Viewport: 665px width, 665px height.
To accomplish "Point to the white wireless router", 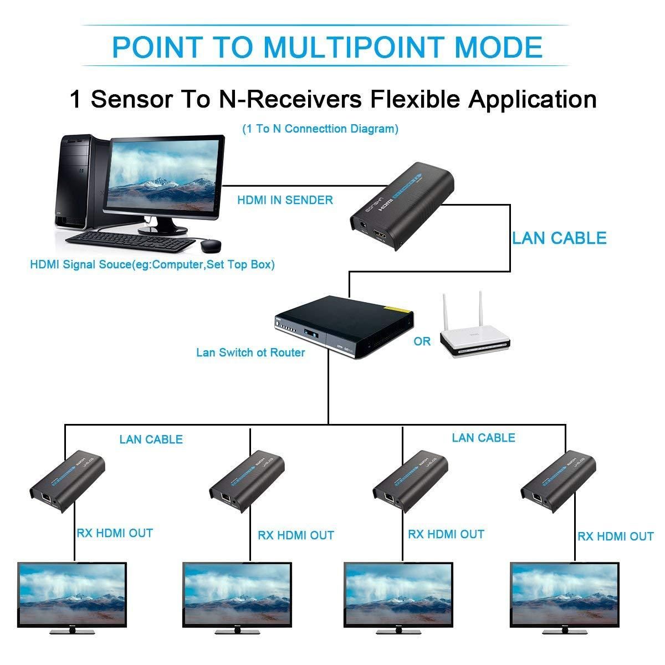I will pyautogui.click(x=473, y=336).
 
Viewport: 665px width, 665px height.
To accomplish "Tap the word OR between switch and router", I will pyautogui.click(x=422, y=341).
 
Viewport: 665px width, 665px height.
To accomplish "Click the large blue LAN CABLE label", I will pyautogui.click(x=559, y=238).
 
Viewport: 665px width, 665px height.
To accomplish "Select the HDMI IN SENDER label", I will pyautogui.click(x=285, y=200).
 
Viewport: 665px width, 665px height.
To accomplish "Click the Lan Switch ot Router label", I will pyautogui.click(x=250, y=352).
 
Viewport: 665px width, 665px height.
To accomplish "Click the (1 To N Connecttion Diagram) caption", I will pyautogui.click(x=320, y=129).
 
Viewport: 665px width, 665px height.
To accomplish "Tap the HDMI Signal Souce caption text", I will pyautogui.click(x=152, y=264).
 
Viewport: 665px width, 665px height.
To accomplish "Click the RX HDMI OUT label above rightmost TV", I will pyautogui.click(x=615, y=536).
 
